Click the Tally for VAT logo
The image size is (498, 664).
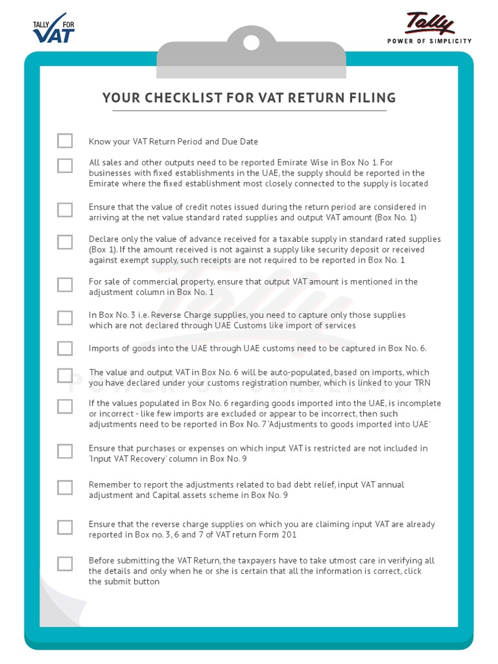[54, 28]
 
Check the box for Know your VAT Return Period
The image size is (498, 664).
[65, 141]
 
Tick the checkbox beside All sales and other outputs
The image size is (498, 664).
[65, 165]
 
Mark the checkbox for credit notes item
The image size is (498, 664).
[65, 209]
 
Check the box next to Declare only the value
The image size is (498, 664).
[65, 242]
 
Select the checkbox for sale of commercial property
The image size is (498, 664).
[65, 285]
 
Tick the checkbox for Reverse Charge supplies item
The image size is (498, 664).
[65, 318]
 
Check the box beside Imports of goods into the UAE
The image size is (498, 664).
[65, 348]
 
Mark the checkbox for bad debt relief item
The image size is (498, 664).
[65, 488]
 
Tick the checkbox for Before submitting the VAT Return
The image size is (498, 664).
[65, 563]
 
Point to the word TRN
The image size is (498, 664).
[422, 383]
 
